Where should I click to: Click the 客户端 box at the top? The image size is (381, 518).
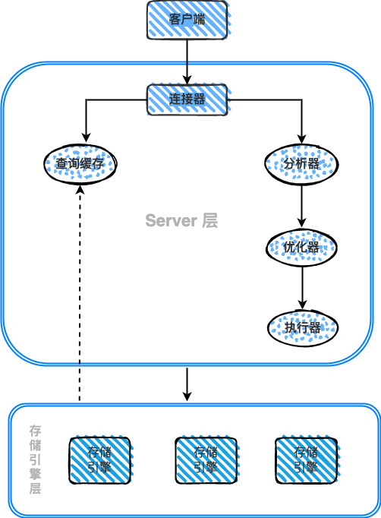pyautogui.click(x=187, y=20)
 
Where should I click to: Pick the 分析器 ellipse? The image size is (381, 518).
pyautogui.click(x=302, y=163)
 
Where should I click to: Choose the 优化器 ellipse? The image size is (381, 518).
pyautogui.click(x=302, y=247)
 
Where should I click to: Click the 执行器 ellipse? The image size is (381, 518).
pyautogui.click(x=302, y=327)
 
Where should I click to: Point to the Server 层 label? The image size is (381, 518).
pyautogui.click(x=181, y=220)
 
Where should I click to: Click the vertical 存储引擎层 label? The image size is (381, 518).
pyautogui.click(x=34, y=460)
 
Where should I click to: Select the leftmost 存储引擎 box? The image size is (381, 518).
pyautogui.click(x=99, y=460)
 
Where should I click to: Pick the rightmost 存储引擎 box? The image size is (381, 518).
pyautogui.click(x=305, y=460)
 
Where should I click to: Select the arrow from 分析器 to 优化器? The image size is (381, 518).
pyautogui.click(x=302, y=204)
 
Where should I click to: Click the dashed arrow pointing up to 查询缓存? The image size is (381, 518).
pyautogui.click(x=80, y=304)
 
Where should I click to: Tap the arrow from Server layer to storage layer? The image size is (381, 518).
pyautogui.click(x=187, y=384)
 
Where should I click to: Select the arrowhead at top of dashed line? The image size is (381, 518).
pyautogui.click(x=80, y=191)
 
